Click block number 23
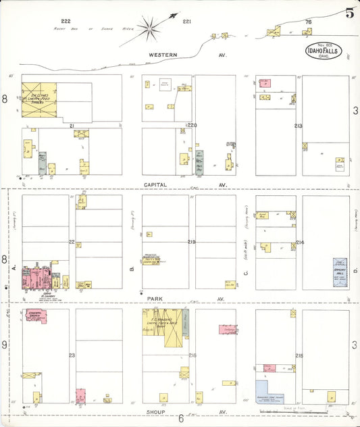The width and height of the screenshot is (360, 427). [x=72, y=354]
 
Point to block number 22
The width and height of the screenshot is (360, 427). [x=72, y=241]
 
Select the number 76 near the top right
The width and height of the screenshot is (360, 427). [x=308, y=22]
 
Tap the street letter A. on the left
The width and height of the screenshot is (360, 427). [x=14, y=268]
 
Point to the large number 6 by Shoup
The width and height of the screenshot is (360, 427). [x=180, y=419]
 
